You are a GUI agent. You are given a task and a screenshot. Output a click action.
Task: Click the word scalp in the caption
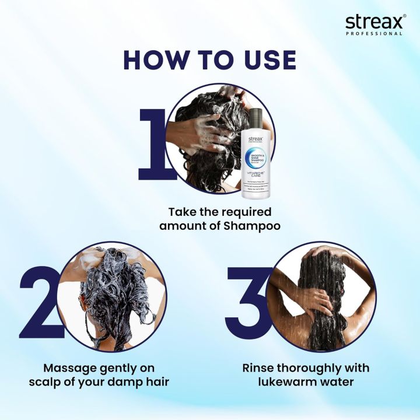pyautogui.click(x=55, y=383)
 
